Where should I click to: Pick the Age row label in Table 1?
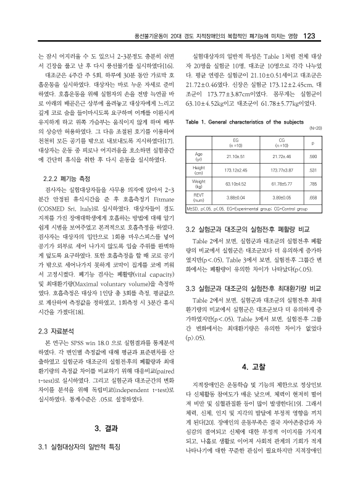click(199, 156)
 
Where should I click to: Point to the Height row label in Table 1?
click(199, 169)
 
